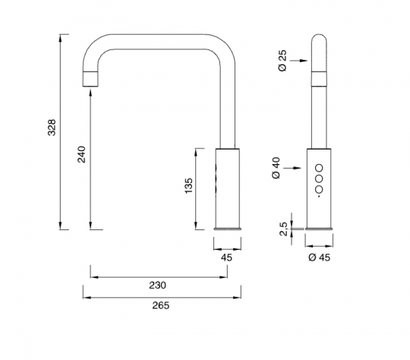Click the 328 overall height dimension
[x=52, y=128]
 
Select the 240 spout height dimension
[x=81, y=154]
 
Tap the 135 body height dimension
[x=188, y=186]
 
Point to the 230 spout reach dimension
[x=158, y=285]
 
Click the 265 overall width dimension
[x=161, y=305]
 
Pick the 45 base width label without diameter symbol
[x=226, y=257]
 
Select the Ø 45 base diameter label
[x=319, y=257]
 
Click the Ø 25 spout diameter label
[x=282, y=61]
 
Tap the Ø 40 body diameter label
[x=276, y=168]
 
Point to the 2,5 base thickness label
[x=283, y=229]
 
